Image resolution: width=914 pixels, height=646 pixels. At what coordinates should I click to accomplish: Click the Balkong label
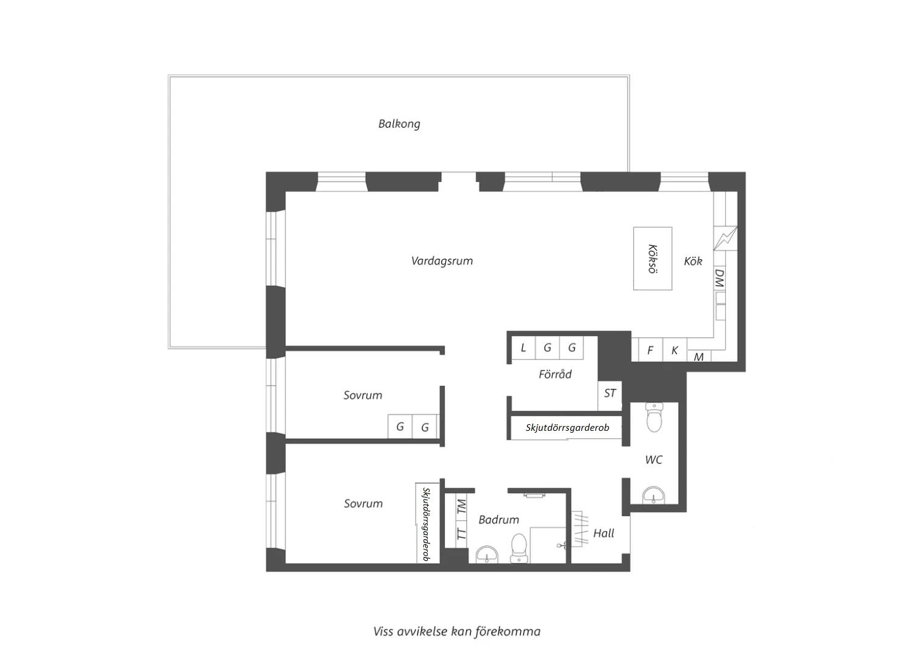click(399, 124)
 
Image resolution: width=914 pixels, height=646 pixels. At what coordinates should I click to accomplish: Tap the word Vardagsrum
click(442, 261)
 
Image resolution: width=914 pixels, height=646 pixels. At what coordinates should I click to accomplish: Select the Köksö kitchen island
click(653, 259)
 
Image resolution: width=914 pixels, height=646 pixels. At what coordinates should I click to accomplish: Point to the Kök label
click(693, 261)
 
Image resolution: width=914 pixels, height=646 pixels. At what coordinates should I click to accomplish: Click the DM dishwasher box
click(720, 278)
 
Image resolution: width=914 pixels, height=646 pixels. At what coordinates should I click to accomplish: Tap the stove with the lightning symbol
click(726, 238)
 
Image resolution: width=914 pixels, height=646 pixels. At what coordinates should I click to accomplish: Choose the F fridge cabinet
click(650, 350)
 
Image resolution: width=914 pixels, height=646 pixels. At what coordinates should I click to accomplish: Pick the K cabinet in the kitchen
click(675, 350)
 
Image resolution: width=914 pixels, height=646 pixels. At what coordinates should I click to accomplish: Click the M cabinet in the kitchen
click(699, 356)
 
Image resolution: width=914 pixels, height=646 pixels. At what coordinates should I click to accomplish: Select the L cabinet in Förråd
click(523, 348)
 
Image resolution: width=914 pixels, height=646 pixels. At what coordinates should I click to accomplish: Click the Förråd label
click(555, 374)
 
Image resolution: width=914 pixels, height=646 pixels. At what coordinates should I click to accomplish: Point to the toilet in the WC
click(654, 417)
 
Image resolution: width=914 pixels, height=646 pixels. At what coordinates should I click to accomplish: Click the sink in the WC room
click(654, 495)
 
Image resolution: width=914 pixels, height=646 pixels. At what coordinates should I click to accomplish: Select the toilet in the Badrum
click(519, 548)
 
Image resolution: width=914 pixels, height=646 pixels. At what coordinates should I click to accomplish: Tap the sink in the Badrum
click(487, 555)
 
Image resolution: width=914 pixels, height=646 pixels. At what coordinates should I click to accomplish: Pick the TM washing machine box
click(461, 507)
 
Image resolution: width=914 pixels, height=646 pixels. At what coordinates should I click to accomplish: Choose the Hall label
click(603, 533)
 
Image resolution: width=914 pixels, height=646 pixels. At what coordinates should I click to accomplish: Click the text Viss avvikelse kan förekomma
click(457, 632)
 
